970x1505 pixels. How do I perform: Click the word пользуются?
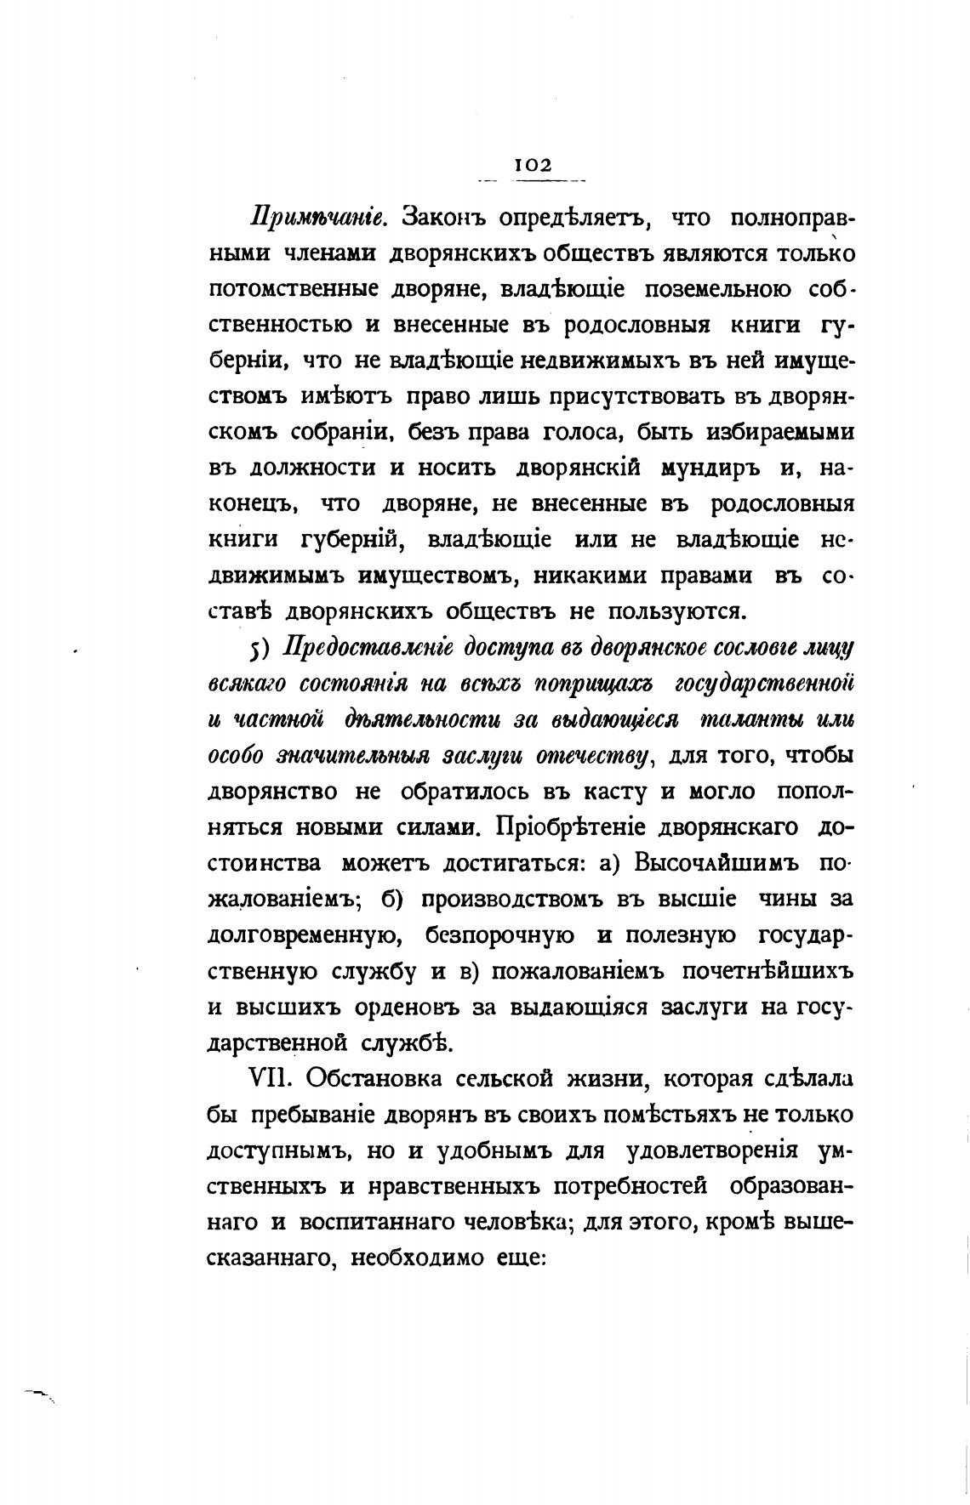678,611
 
